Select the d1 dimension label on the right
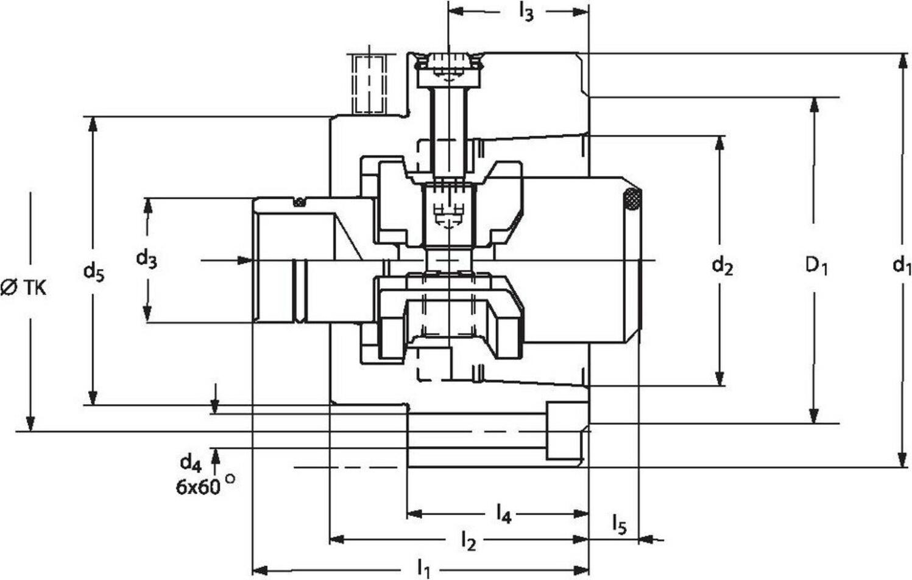pyautogui.click(x=902, y=265)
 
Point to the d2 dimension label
pyautogui.click(x=722, y=265)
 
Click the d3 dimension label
pyautogui.click(x=146, y=259)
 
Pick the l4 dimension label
pyautogui.click(x=503, y=515)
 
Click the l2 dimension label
pyautogui.click(x=468, y=540)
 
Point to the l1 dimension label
pyautogui.click(x=424, y=570)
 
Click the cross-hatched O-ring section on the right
pyautogui.click(x=632, y=200)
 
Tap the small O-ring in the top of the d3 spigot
pyautogui.click(x=299, y=202)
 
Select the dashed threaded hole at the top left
pyautogui.click(x=369, y=83)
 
